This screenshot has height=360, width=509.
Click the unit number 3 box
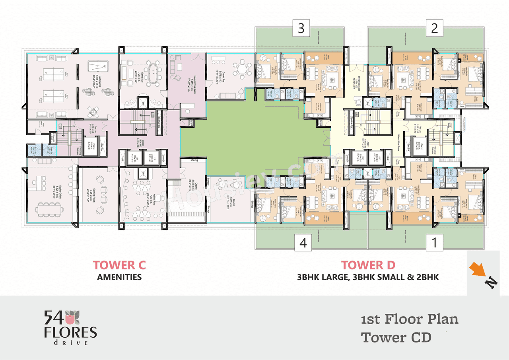tap(301, 28)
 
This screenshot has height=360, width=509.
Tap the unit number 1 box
tap(434, 243)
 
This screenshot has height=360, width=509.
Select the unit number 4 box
tap(303, 243)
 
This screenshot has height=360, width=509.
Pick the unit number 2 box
tap(434, 28)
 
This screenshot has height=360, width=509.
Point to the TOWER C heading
tap(119, 265)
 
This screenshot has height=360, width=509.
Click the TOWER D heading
tap(368, 265)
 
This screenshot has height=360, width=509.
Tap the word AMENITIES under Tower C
tap(119, 277)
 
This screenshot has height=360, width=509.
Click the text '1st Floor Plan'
tap(410, 319)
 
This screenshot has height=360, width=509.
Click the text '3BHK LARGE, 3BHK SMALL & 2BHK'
tap(368, 277)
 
